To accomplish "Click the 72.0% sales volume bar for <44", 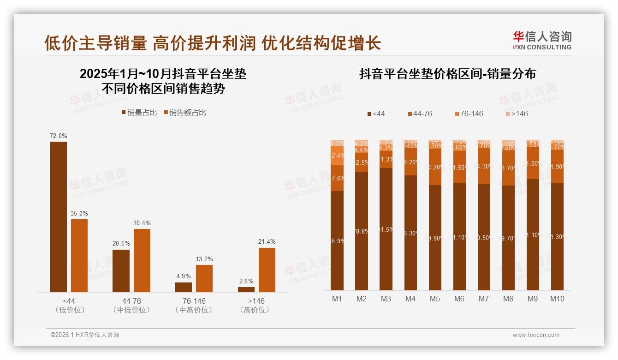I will pyautogui.click(x=59, y=216).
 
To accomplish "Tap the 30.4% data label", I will pyautogui.click(x=142, y=223).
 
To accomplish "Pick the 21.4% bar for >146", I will pyautogui.click(x=267, y=270).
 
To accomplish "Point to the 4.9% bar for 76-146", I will pyautogui.click(x=184, y=287).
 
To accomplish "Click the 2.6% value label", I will pyautogui.click(x=246, y=281).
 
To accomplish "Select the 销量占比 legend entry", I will pyautogui.click(x=139, y=113).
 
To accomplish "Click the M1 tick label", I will pyautogui.click(x=337, y=299).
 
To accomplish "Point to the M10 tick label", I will pyautogui.click(x=557, y=299).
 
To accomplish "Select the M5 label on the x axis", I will pyautogui.click(x=434, y=299).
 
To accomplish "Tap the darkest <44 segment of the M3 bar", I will pyautogui.click(x=386, y=229).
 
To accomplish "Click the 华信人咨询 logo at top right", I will pyautogui.click(x=542, y=40).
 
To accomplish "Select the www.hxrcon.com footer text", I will pyautogui.click(x=535, y=335).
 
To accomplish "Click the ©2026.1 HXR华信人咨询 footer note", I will pyautogui.click(x=84, y=335).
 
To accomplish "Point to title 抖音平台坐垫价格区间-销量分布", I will pyautogui.click(x=447, y=74).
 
